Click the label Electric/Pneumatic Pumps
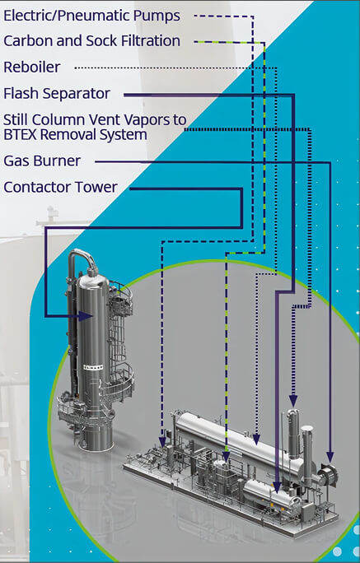click(x=92, y=16)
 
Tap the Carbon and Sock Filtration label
click(x=92, y=41)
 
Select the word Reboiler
click(x=32, y=67)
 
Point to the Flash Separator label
click(x=57, y=94)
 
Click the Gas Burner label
click(x=42, y=161)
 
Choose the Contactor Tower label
click(x=61, y=187)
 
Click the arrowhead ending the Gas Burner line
click(x=330, y=457)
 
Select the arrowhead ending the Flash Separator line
click(x=277, y=487)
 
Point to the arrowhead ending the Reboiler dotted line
click(x=256, y=440)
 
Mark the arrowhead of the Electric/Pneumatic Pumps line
click(x=162, y=442)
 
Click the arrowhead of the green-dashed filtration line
click(x=226, y=457)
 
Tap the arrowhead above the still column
click(x=293, y=401)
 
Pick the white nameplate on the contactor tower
click(x=93, y=367)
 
